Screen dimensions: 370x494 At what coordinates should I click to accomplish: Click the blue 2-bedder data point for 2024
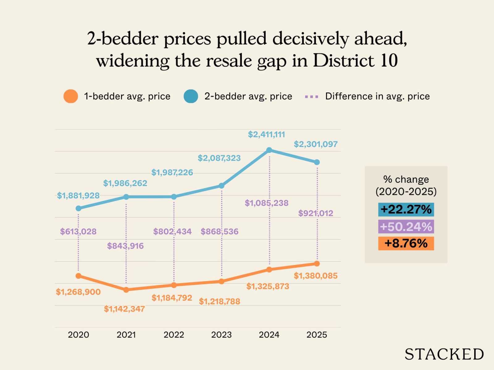(x=269, y=150)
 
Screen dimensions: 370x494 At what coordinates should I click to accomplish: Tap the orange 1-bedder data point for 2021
(x=126, y=290)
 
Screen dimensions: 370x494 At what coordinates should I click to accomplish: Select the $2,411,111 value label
(x=266, y=134)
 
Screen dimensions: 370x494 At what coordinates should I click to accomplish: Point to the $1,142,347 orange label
(x=124, y=309)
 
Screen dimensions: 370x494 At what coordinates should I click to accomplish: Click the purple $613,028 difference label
(x=78, y=232)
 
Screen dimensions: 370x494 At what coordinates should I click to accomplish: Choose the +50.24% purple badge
(x=406, y=227)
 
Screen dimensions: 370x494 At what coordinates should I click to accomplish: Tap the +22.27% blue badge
(x=406, y=209)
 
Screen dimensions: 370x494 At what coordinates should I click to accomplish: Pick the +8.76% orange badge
(x=406, y=244)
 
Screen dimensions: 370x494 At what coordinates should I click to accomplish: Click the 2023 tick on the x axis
(x=221, y=335)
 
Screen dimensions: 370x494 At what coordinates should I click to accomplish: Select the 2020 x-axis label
(x=78, y=335)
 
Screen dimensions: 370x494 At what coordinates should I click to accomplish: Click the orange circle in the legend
(x=71, y=96)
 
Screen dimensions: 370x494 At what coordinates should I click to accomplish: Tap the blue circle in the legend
(x=191, y=96)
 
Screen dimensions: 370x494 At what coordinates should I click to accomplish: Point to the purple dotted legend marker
(x=311, y=97)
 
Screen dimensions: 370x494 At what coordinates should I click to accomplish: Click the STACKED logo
(x=444, y=354)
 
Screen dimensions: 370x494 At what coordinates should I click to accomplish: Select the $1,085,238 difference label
(x=266, y=203)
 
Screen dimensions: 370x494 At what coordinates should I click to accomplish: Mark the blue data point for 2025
(x=317, y=162)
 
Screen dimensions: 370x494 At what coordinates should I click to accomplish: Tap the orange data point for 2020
(x=78, y=276)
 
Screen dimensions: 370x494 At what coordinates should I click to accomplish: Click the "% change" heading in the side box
(x=406, y=179)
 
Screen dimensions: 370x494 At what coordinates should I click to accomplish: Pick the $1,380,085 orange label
(x=316, y=276)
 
